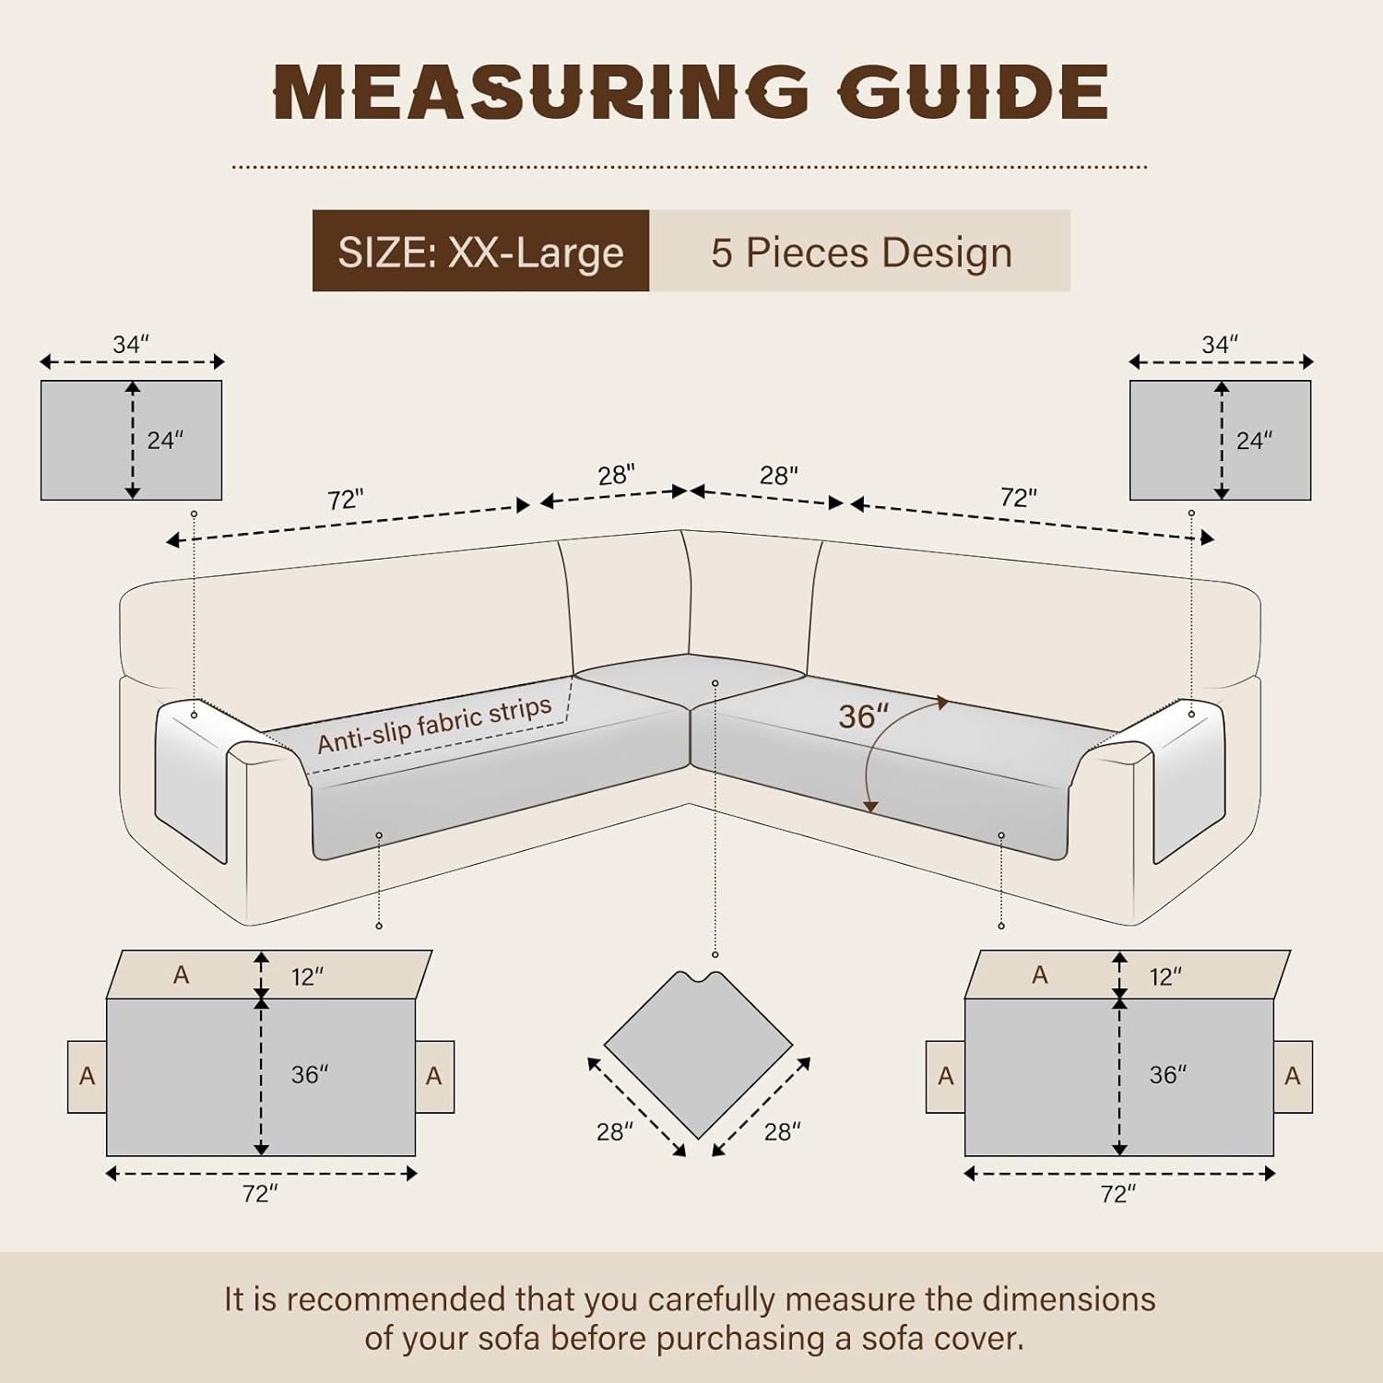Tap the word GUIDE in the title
click(x=973, y=92)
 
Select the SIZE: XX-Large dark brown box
click(x=480, y=251)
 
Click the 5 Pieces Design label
click(x=861, y=252)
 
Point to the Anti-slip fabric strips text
click(x=434, y=725)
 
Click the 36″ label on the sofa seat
click(x=863, y=716)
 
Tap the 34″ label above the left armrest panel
click(x=131, y=344)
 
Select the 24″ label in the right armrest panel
click(x=1254, y=441)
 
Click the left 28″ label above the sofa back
click(x=616, y=475)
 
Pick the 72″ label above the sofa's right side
click(x=1019, y=498)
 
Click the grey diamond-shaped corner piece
click(x=699, y=1054)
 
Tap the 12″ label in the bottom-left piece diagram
click(x=307, y=976)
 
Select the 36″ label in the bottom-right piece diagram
click(x=1167, y=1075)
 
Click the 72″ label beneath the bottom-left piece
click(x=260, y=1194)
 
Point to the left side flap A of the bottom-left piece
click(x=87, y=1076)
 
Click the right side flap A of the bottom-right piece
click(x=1293, y=1076)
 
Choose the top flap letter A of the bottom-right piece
click(x=1040, y=975)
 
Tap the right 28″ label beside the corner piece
click(x=782, y=1131)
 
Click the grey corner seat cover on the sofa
click(x=690, y=680)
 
